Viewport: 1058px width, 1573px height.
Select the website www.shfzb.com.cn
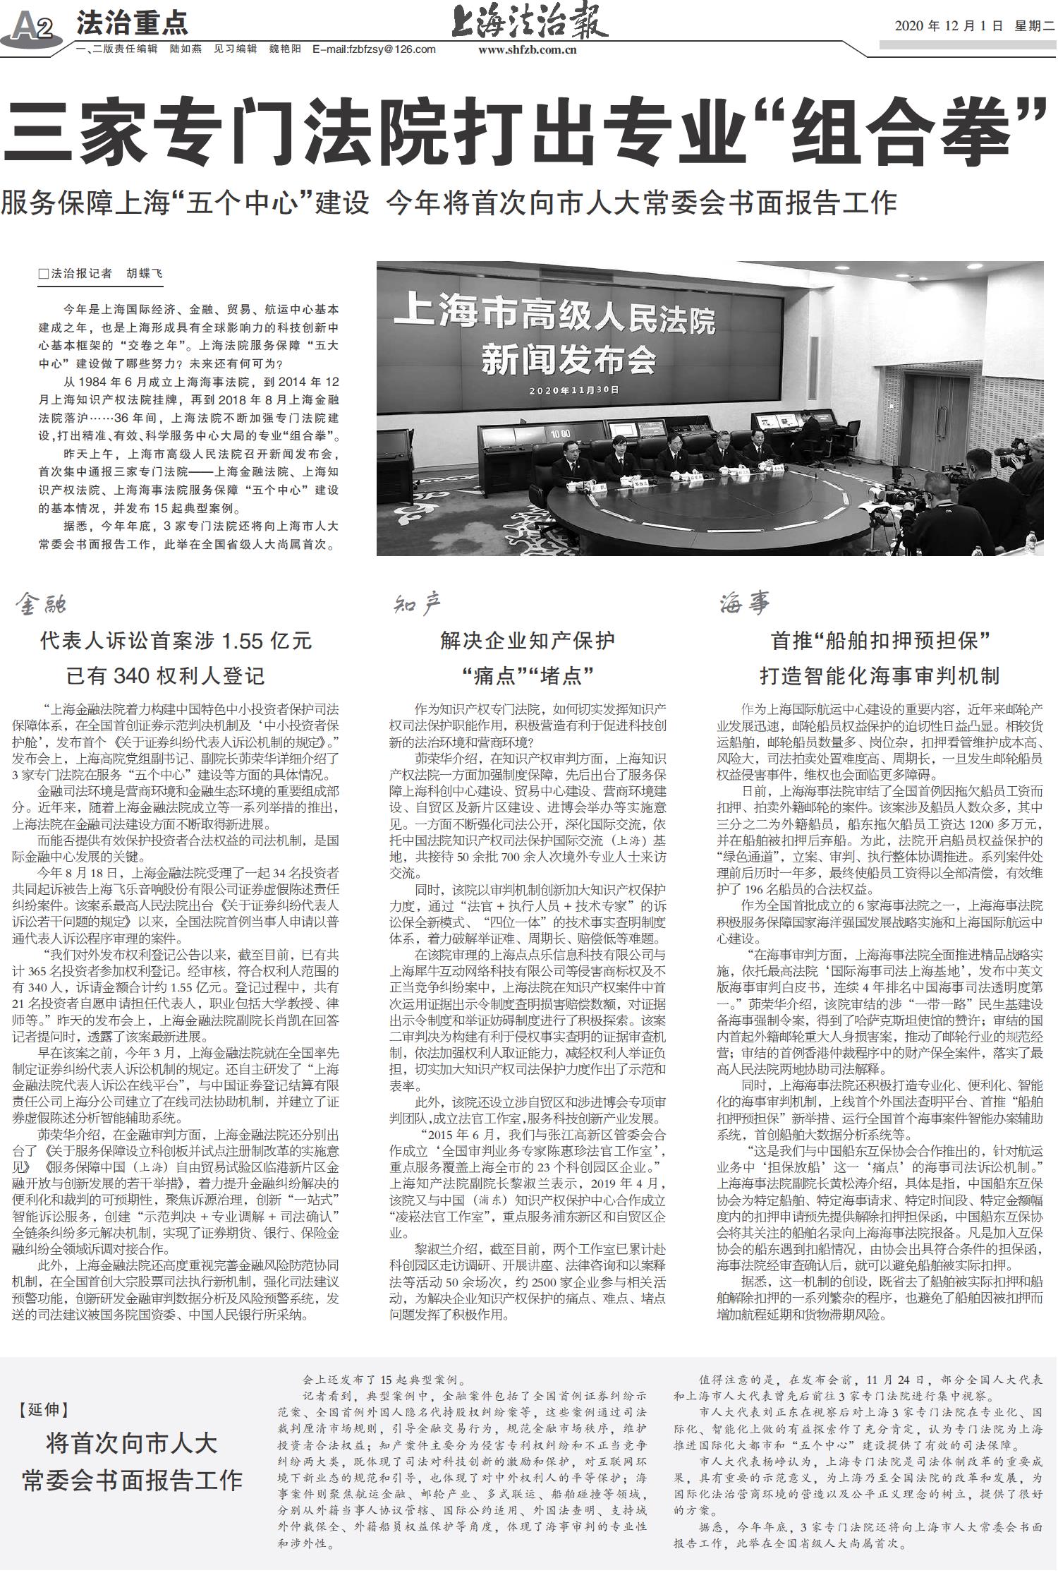[528, 49]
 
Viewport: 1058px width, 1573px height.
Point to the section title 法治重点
[132, 24]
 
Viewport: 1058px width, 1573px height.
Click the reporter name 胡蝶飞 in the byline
[144, 274]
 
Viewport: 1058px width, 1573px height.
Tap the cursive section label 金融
[42, 604]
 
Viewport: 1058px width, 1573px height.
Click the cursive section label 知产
[417, 604]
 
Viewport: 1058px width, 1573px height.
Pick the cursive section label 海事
[745, 604]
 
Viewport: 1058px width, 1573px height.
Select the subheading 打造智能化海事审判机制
[880, 675]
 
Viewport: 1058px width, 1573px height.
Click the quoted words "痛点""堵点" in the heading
[527, 675]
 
